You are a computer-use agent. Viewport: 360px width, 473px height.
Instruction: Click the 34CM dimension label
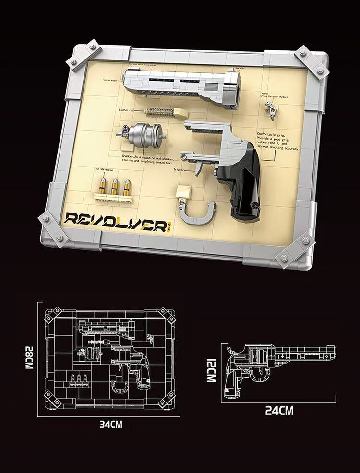tap(111, 424)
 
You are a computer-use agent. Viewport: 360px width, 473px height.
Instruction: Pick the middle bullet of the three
tap(115, 186)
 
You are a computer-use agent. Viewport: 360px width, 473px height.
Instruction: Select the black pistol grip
tap(240, 185)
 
